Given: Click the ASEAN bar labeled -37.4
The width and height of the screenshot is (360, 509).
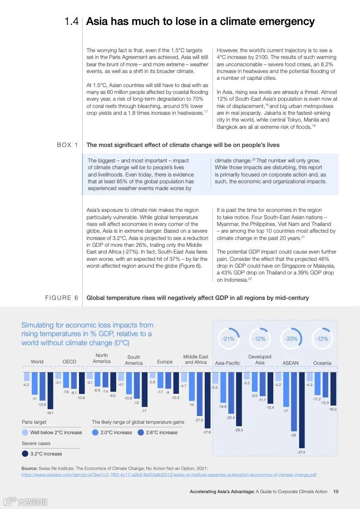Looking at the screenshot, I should [x=301, y=409].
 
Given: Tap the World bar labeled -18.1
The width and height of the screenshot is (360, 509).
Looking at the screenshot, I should [x=50, y=390].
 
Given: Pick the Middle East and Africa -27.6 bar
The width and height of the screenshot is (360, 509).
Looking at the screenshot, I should [x=207, y=400].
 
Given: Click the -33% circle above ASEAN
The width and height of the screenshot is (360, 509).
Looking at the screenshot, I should [x=291, y=338].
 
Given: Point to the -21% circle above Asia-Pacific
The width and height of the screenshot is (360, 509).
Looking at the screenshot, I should [x=228, y=338].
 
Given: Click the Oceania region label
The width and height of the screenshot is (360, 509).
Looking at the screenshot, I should [x=322, y=363].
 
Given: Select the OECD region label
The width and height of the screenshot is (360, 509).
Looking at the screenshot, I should [x=69, y=362].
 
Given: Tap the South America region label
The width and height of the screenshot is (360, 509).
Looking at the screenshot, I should [x=133, y=360].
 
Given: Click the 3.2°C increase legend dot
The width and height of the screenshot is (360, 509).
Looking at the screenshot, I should [x=25, y=453].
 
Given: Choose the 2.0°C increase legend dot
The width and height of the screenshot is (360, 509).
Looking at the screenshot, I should [x=95, y=432].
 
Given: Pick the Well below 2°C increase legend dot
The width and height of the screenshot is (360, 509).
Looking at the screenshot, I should [x=25, y=432].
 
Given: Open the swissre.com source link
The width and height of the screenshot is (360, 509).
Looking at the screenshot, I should [x=169, y=475].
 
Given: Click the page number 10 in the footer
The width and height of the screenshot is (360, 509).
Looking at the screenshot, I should [x=335, y=491].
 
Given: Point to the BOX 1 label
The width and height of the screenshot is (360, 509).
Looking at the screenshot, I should [x=67, y=145].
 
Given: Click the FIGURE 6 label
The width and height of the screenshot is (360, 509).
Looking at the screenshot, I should [x=61, y=298].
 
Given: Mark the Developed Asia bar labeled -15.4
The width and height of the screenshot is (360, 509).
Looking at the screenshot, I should [x=270, y=388].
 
